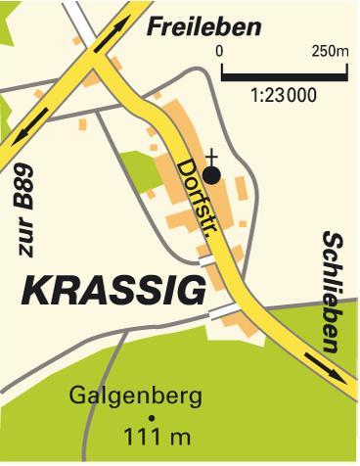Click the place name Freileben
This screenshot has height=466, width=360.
coord(204,26)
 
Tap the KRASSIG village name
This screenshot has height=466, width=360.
coord(114,291)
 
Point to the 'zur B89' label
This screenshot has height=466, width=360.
coord(30,212)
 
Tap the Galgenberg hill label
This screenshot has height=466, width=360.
coord(136,396)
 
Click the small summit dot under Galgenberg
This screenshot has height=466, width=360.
coord(151,416)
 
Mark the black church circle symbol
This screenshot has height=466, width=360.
coord(211,173)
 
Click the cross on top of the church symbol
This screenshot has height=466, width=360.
coord(211,156)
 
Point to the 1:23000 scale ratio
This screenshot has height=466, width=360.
coord(284,96)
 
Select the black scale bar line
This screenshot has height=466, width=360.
coord(283,72)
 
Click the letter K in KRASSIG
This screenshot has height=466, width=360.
coord(35,291)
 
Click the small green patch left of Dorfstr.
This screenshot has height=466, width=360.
coord(140,170)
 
